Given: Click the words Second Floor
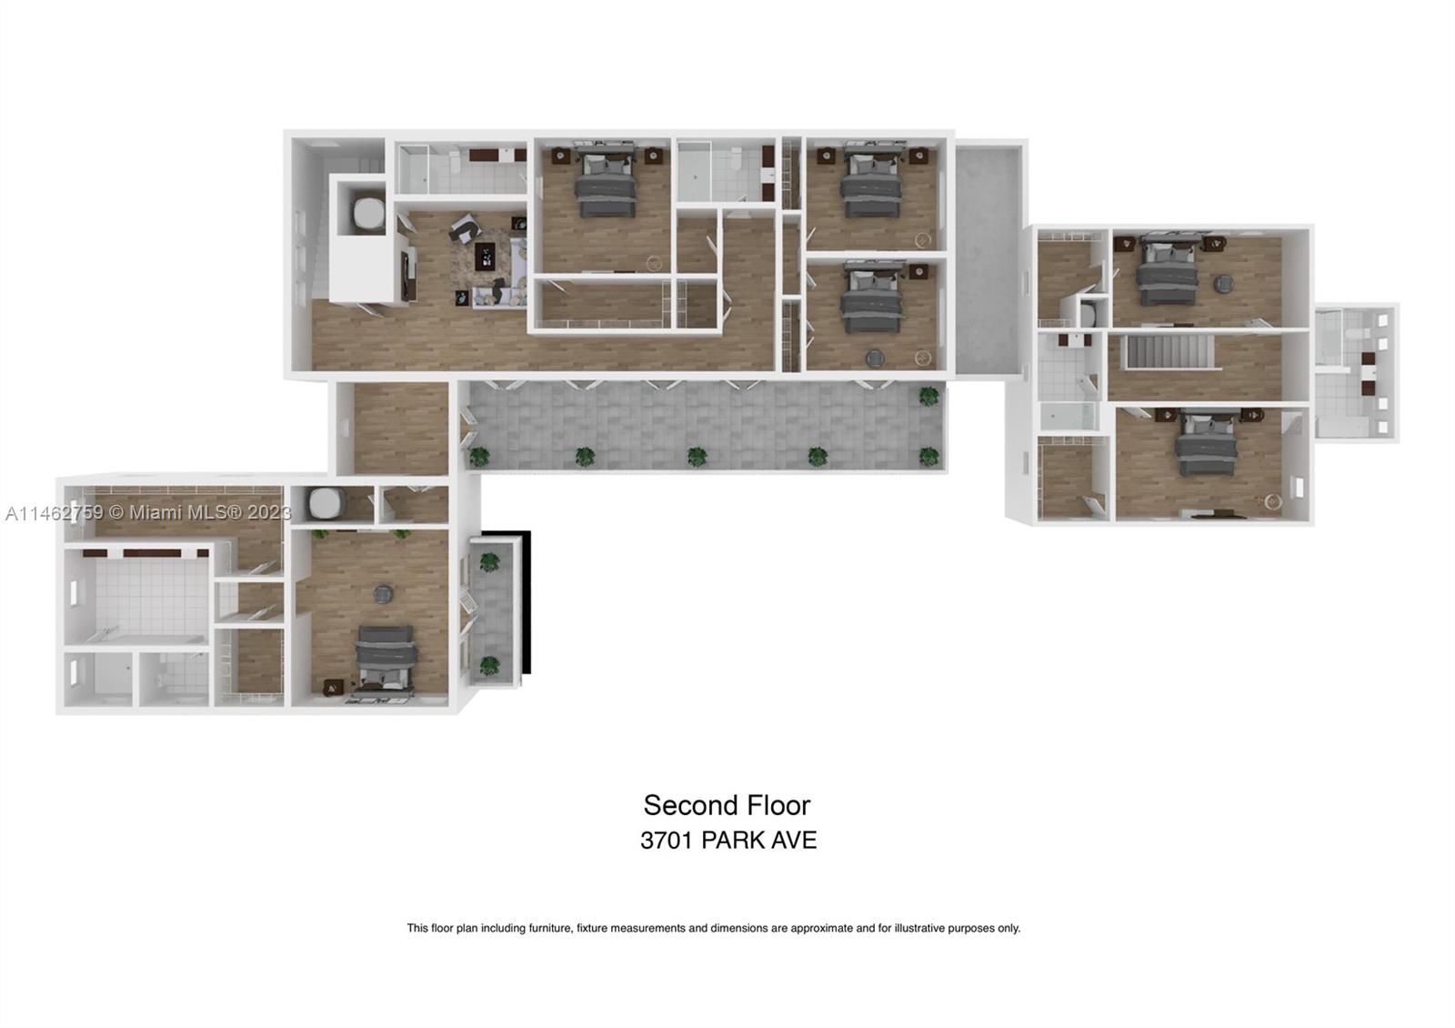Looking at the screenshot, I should [727, 805].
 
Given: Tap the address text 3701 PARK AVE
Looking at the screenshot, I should [727, 840].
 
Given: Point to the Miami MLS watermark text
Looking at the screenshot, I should [149, 513].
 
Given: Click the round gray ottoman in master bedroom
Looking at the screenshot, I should [383, 594].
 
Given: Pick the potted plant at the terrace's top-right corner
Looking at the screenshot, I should [928, 396].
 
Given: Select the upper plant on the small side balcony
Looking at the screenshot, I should [490, 562].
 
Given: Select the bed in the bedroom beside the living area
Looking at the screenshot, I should [605, 186].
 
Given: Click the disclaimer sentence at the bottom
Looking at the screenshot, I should [713, 928].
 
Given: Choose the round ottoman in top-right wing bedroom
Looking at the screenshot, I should [1223, 284].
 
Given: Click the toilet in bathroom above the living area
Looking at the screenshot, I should [451, 165].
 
